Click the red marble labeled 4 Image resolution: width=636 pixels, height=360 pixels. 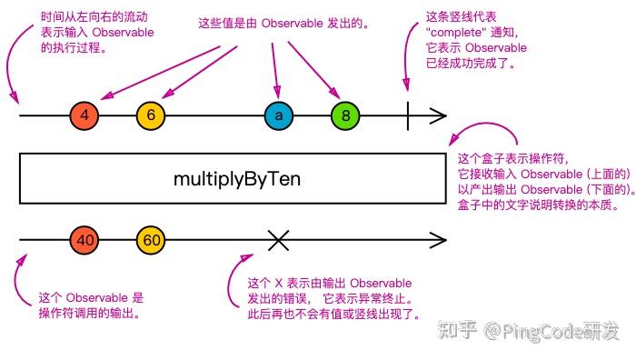coord(84,116)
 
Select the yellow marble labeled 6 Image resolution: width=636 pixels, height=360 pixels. coord(151,116)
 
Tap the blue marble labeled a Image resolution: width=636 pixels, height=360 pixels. coord(279,116)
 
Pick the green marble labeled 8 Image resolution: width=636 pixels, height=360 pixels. coord(345,116)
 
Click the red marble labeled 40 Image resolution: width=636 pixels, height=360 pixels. coord(84,240)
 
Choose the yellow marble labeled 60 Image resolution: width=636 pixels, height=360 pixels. coord(151,240)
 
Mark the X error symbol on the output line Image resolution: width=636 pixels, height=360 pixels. coord(279,240)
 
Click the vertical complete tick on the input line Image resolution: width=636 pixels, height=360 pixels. coord(409,116)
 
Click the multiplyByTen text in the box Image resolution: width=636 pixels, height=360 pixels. coord(236,178)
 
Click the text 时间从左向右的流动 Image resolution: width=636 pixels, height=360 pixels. coord(95,17)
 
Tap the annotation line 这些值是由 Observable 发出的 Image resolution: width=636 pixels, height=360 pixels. coord(283,21)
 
